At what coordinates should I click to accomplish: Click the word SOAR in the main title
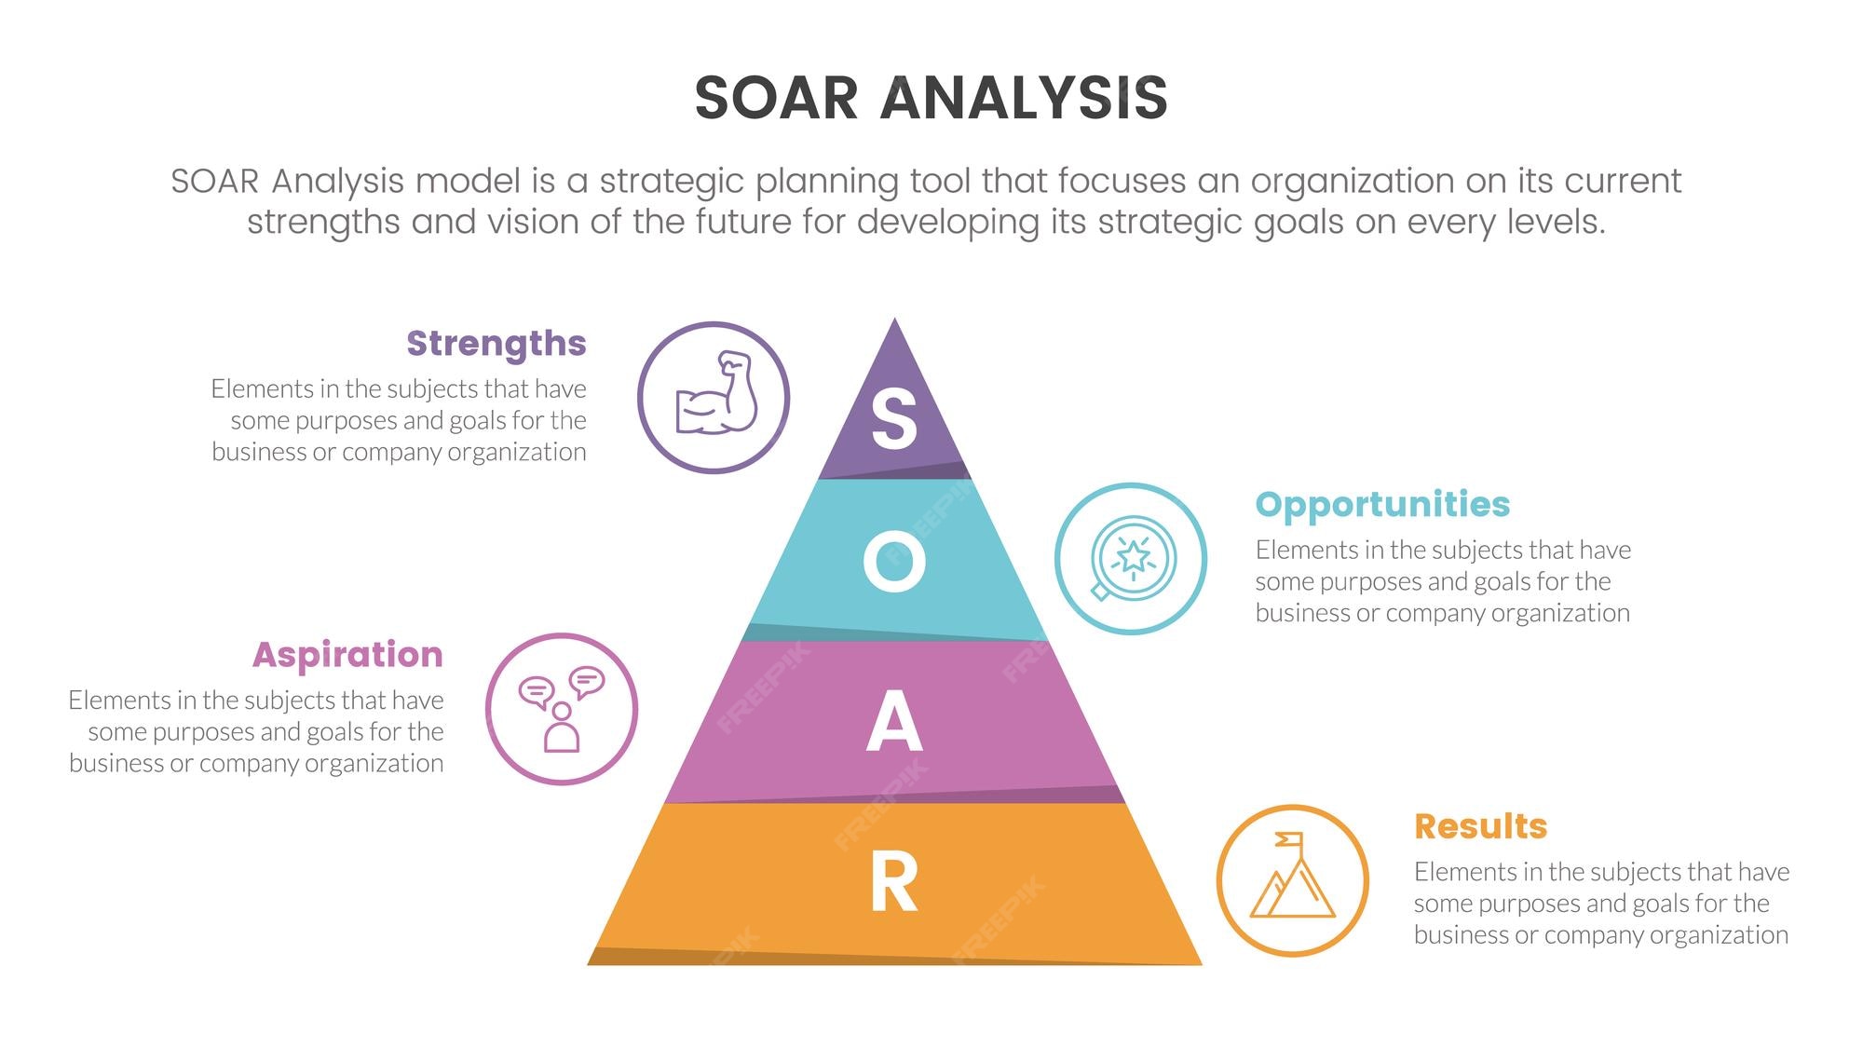pyautogui.click(x=776, y=98)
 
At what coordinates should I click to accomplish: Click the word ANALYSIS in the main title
pyautogui.click(x=1024, y=98)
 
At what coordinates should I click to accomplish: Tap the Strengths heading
pyautogui.click(x=496, y=344)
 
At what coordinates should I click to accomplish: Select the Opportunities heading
pyautogui.click(x=1382, y=504)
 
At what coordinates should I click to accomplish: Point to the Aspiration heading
pyautogui.click(x=347, y=655)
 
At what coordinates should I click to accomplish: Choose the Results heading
pyautogui.click(x=1480, y=826)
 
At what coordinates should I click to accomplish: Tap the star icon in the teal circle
pyautogui.click(x=1133, y=558)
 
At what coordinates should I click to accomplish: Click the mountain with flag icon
pyautogui.click(x=1292, y=876)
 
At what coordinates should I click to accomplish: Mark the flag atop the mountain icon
pyautogui.click(x=1289, y=840)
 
